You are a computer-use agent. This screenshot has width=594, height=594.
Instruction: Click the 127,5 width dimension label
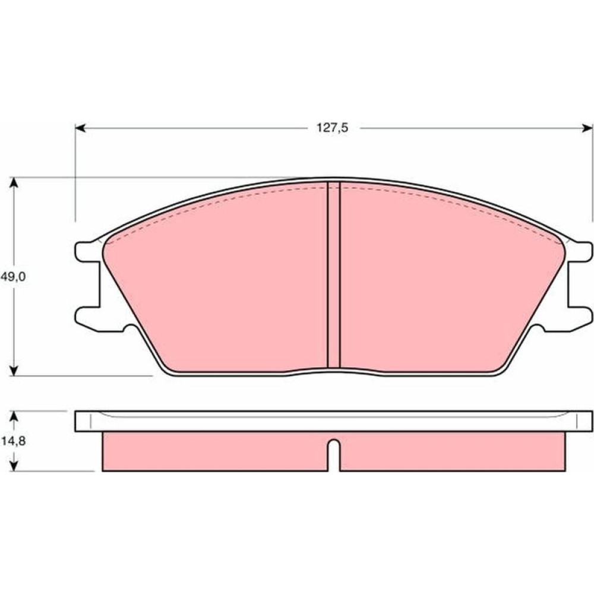(332, 128)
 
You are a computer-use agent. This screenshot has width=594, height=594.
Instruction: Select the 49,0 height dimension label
(13, 277)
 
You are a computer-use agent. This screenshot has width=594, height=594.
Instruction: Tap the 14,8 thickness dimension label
(13, 441)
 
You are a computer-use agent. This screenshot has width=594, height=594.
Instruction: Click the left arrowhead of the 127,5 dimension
(80, 128)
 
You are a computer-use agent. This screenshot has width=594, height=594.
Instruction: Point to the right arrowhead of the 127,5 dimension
(588, 128)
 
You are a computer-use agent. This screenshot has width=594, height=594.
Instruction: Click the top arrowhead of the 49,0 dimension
(14, 182)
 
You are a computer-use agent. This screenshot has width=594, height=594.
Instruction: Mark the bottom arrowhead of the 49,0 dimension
(14, 371)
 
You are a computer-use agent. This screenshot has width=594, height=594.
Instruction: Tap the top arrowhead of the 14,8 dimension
(14, 416)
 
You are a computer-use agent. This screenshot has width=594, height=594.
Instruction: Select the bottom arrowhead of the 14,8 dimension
(14, 466)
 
